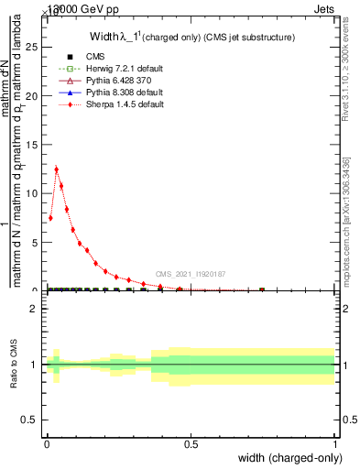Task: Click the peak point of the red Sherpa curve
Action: tap(57, 169)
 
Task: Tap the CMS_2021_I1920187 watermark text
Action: tap(190, 274)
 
